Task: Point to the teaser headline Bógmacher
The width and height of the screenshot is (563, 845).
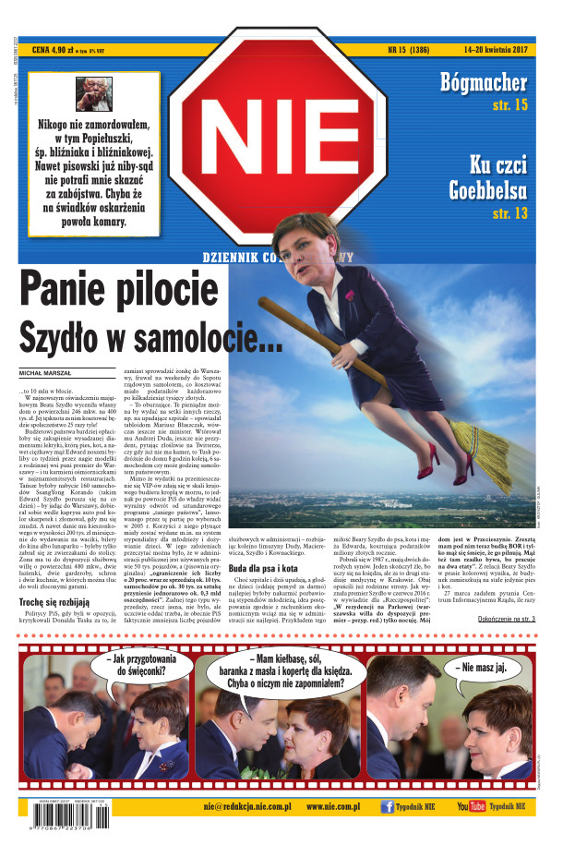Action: [484, 81]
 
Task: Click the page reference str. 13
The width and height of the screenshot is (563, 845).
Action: [509, 213]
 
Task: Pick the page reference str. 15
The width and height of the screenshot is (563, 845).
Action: [509, 105]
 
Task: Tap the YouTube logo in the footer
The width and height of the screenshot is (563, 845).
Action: [471, 806]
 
